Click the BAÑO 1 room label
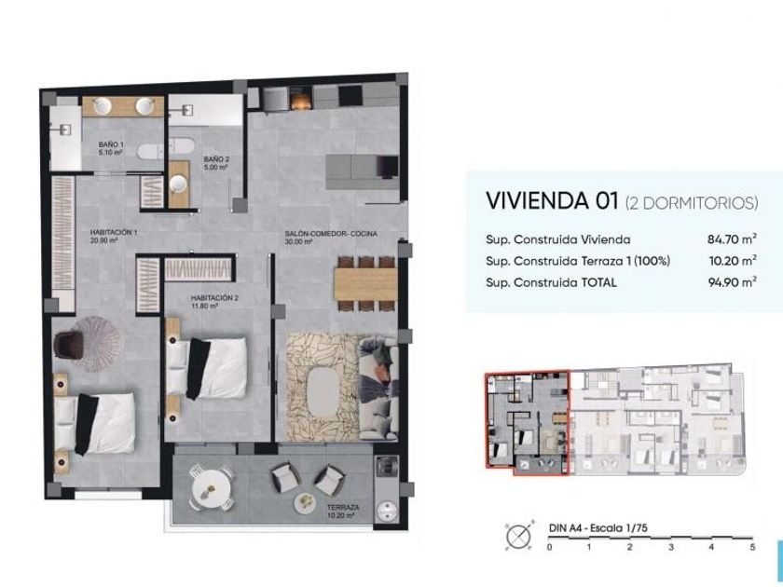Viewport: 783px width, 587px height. tap(111, 148)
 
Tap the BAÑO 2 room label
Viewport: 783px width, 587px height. tap(216, 163)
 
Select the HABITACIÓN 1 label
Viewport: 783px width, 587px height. tap(114, 236)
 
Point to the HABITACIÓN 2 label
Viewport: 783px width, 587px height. tap(214, 302)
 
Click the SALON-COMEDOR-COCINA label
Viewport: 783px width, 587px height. tap(331, 237)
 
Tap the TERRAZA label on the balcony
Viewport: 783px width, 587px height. tap(343, 512)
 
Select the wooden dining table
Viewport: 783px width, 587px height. tap(365, 284)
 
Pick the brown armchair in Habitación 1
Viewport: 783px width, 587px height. tap(69, 345)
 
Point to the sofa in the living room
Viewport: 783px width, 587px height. tap(378, 388)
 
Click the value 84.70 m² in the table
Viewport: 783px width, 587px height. tap(732, 239)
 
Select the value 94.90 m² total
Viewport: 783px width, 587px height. tap(732, 282)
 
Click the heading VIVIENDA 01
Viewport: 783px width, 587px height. tap(552, 200)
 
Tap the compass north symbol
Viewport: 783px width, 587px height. tap(519, 536)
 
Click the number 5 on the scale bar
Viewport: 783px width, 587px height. tap(752, 547)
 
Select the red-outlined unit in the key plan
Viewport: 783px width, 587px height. tap(527, 423)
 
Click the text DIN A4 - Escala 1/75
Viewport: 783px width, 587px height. tap(598, 528)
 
